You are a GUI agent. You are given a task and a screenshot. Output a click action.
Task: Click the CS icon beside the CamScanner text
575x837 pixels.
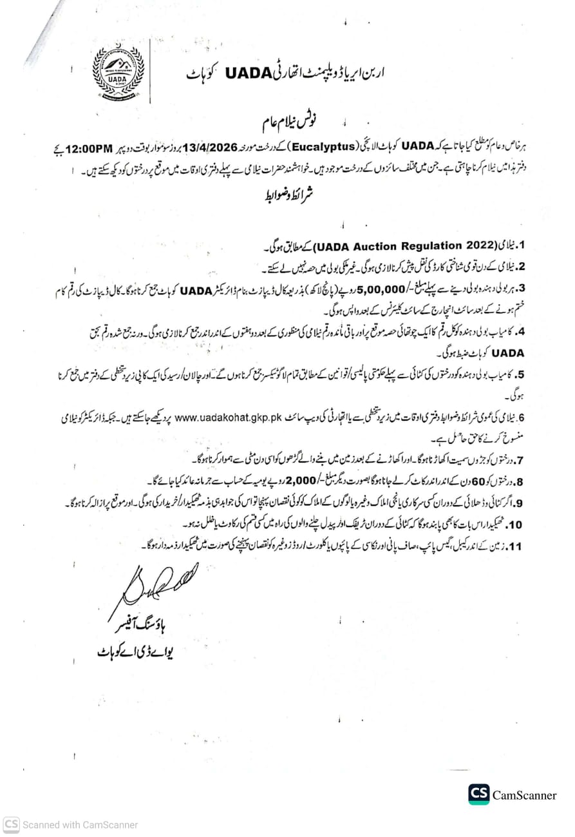point(479,794)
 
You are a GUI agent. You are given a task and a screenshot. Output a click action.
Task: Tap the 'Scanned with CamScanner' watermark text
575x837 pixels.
point(80,824)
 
